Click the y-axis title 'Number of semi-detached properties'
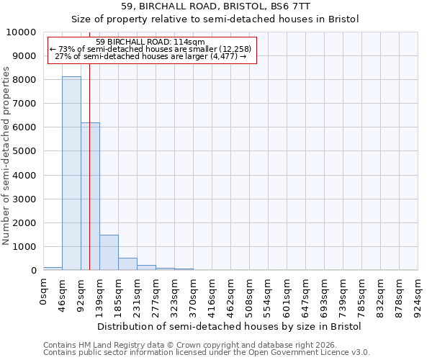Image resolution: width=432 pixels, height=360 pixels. [x=6, y=156]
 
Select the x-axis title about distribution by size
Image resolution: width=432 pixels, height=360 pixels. [x=229, y=326]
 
